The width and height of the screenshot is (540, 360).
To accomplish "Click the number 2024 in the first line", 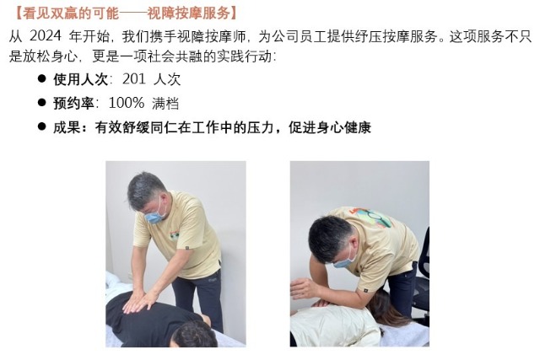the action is pyautogui.click(x=45, y=35).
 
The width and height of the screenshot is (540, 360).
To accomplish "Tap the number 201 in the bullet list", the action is pyautogui.click(x=134, y=78).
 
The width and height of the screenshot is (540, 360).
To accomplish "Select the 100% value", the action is pyautogui.click(x=126, y=103).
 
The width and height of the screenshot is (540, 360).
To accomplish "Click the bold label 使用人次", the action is pyautogui.click(x=81, y=79).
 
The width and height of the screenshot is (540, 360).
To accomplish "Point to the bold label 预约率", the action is pyautogui.click(x=73, y=103).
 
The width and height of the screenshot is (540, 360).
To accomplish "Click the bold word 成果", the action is pyautogui.click(x=67, y=127).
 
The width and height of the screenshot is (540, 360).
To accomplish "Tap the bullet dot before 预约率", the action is pyautogui.click(x=42, y=103).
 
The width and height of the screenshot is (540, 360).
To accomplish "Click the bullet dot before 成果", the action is pyautogui.click(x=42, y=126).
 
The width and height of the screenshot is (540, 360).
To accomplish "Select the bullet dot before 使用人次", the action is pyautogui.click(x=42, y=78).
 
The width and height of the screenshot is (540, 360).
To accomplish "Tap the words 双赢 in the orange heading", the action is pyautogui.click(x=64, y=13).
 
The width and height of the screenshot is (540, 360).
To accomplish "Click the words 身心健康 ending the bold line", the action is pyautogui.click(x=344, y=127).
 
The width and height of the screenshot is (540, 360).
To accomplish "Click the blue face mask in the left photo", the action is pyautogui.click(x=156, y=214).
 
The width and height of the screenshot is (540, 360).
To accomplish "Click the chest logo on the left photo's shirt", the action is pyautogui.click(x=175, y=235).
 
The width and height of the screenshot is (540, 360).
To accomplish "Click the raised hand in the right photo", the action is pyautogui.click(x=302, y=288).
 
